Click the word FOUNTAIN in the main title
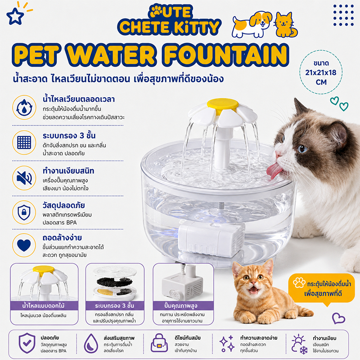tap(226, 55)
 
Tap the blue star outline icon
tap(15, 16)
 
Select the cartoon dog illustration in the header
tap(252, 24)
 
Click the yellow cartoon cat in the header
tap(286, 25)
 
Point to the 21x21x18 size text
tap(320, 72)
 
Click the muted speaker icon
tap(24, 178)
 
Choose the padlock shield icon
tap(24, 212)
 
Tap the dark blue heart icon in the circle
tap(24, 245)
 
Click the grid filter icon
tap(24, 142)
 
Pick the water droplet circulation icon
tap(24, 108)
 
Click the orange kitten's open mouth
tap(253, 290)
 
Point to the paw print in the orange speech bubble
tap(299, 283)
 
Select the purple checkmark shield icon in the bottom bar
tap(27, 343)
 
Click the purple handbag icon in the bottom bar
tap(159, 343)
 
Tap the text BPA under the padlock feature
tap(72, 222)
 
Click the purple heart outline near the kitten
tap(338, 318)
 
